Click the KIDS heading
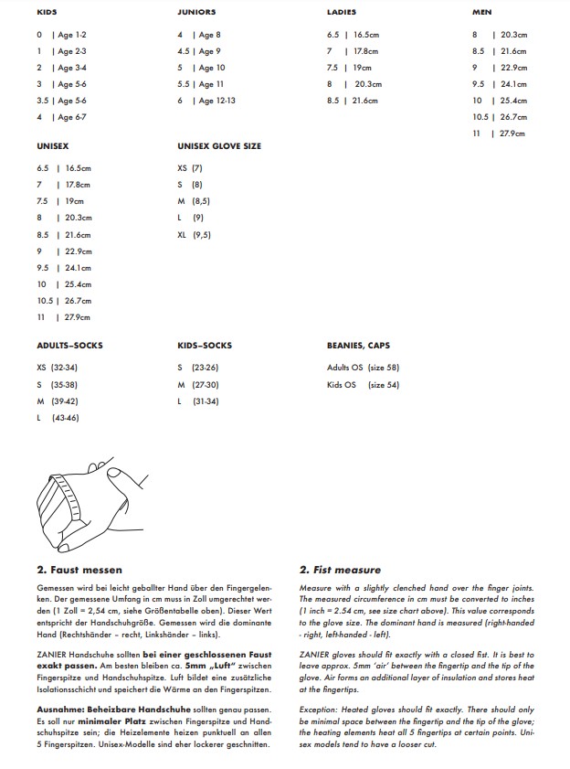click(46, 12)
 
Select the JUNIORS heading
click(196, 12)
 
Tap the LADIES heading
click(341, 12)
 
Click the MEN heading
click(482, 12)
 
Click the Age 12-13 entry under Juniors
click(217, 101)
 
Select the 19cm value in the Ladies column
click(363, 68)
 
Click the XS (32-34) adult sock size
click(57, 367)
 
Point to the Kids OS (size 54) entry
click(363, 385)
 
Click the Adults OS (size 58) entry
click(363, 368)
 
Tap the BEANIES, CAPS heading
click(358, 346)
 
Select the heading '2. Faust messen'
click(79, 570)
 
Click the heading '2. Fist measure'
click(341, 570)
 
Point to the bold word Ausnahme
click(59, 709)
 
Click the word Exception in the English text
click(319, 709)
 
